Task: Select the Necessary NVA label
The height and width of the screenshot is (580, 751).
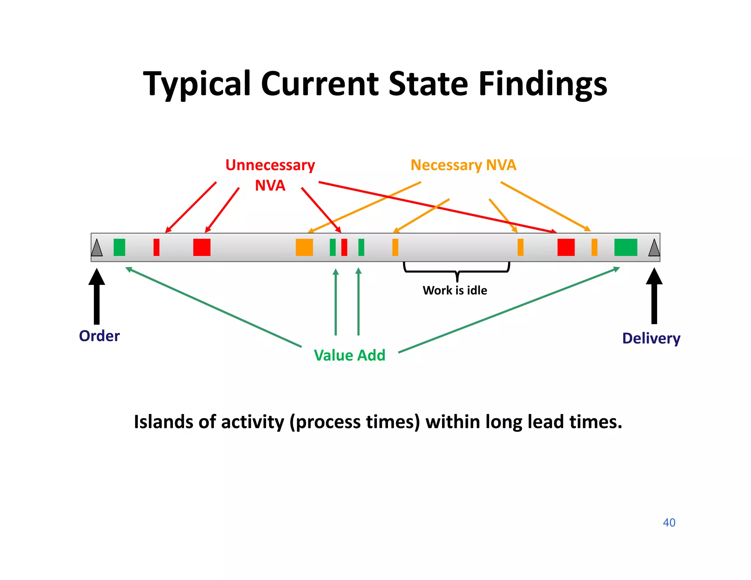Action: coord(463,165)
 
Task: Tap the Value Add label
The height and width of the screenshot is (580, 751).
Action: coord(349,355)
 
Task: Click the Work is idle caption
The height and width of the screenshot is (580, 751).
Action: coord(455,290)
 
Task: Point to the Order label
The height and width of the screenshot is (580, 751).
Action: coord(99,336)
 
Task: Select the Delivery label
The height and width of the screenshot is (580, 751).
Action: coord(651,338)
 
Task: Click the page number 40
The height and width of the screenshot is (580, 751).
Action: coord(669,522)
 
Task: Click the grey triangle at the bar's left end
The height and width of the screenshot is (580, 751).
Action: coord(97,249)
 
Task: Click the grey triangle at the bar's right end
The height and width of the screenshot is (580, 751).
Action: coord(654,249)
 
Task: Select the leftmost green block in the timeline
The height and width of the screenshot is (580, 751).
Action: coord(119,247)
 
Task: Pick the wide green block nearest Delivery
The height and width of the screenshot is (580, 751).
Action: coord(626,247)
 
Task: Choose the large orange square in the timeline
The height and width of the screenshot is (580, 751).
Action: coord(304,247)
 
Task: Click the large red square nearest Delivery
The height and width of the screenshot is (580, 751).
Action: coord(566,247)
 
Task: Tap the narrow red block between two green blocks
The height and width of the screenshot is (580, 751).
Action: coord(344,247)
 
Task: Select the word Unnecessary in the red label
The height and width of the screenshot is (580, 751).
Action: coord(270,165)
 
